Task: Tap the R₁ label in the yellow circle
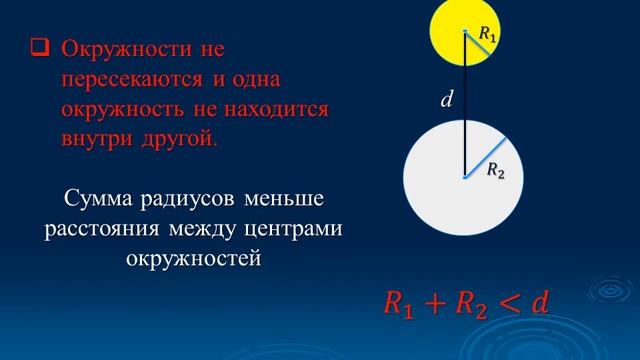[487, 34]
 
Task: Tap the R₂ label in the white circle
[495, 172]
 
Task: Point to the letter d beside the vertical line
[447, 98]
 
